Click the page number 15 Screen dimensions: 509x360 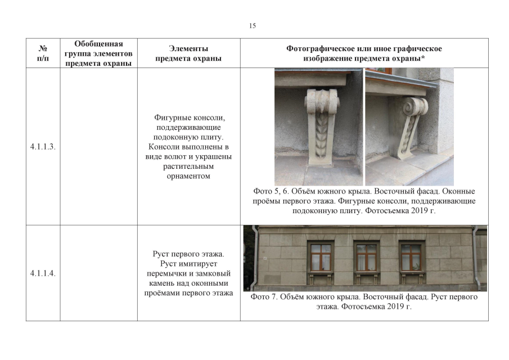coord(253,26)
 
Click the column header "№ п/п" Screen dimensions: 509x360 coord(43,53)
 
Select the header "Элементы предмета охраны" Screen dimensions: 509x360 coord(188,53)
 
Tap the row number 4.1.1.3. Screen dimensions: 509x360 coord(43,146)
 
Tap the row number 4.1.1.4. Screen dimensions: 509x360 coord(43,273)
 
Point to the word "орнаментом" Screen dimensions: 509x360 coord(188,176)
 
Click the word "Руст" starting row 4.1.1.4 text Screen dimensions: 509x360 coord(161,254)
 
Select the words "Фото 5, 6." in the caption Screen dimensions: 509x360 coord(271,191)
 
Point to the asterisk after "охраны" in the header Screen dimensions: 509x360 coord(423,57)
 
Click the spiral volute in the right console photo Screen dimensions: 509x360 coord(409,107)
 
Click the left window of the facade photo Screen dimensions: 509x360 coord(321,257)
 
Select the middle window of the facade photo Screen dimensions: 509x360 coord(366,257)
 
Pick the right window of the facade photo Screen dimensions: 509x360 coord(411,257)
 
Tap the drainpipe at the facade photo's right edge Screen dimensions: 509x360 coord(476,258)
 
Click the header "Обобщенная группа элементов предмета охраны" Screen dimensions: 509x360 coord(98,53)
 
